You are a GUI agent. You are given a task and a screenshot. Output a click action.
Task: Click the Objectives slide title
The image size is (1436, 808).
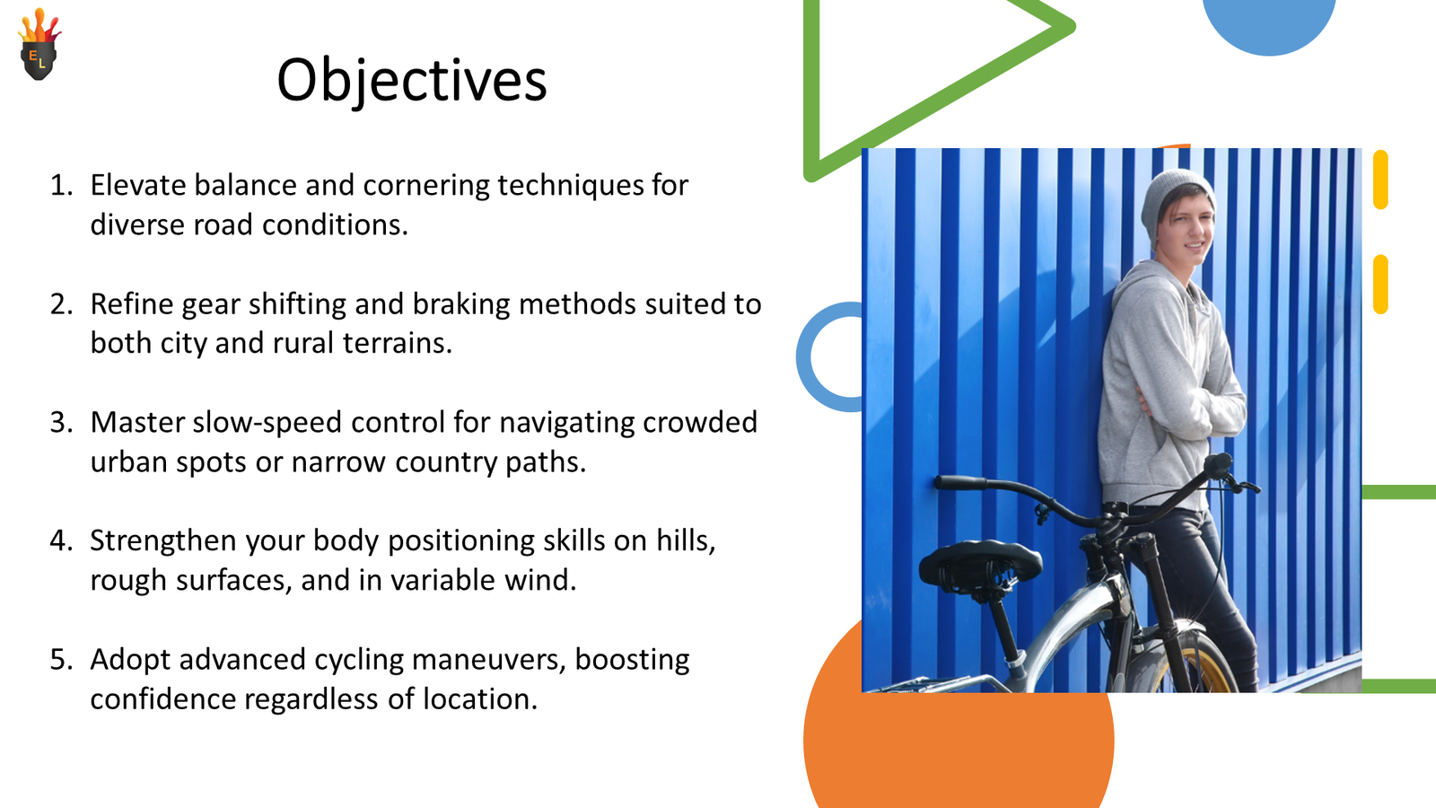pos(411,81)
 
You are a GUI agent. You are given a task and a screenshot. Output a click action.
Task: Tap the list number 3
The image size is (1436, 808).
pos(60,423)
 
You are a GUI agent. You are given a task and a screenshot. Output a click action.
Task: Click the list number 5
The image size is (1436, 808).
pos(60,660)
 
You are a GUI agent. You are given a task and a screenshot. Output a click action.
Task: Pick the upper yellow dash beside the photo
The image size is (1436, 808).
pos(1380,180)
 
